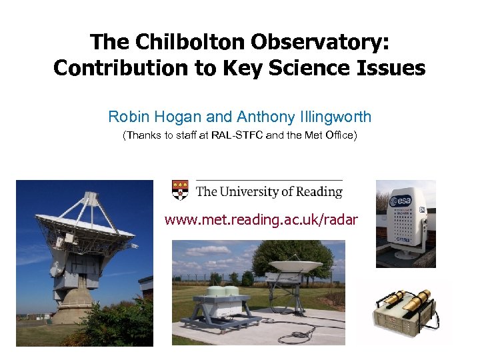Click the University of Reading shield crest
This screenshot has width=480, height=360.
(180, 190)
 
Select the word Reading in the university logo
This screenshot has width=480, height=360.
(315, 192)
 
